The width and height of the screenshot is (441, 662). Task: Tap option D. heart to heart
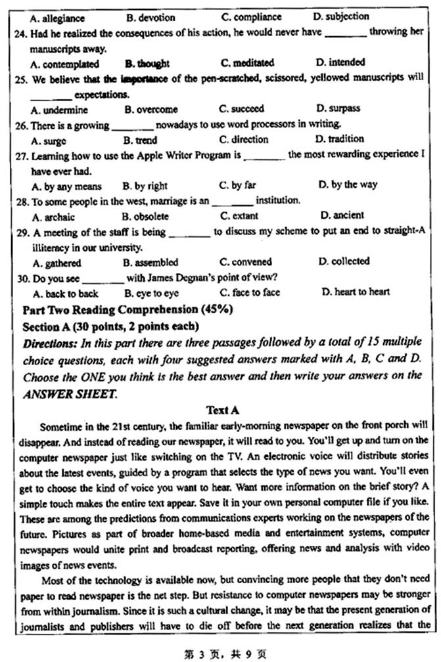355,292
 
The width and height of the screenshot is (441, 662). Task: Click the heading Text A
222,410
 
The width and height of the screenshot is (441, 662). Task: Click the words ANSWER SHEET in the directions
63,394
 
